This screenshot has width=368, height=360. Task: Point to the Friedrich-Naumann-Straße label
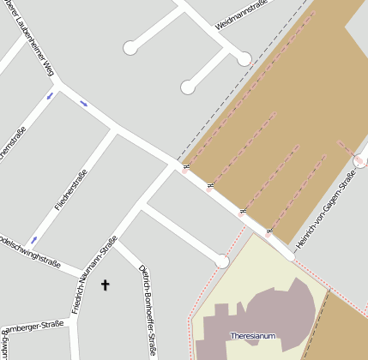pyautogui.click(x=94, y=275)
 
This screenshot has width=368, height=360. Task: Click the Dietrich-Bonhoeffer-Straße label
pyautogui.click(x=147, y=309)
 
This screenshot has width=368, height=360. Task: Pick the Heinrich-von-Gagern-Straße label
pyautogui.click(x=326, y=213)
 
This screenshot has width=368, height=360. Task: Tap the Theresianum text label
pyautogui.click(x=253, y=336)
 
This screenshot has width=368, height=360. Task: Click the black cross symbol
pyautogui.click(x=106, y=284)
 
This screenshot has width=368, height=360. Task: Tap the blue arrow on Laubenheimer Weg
pyautogui.click(x=83, y=104)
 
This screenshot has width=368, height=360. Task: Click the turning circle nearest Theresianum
pyautogui.click(x=222, y=261)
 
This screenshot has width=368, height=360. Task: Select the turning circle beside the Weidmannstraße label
pyautogui.click(x=244, y=58)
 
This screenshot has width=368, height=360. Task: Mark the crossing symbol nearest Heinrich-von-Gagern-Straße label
pyautogui.click(x=270, y=231)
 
